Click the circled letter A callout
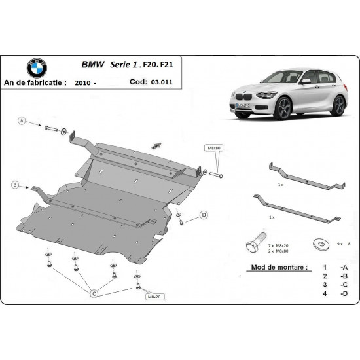[22, 122]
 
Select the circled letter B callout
[15, 186]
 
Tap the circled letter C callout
[94, 294]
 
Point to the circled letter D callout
[204, 215]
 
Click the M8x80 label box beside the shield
[214, 148]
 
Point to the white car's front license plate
[242, 106]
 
